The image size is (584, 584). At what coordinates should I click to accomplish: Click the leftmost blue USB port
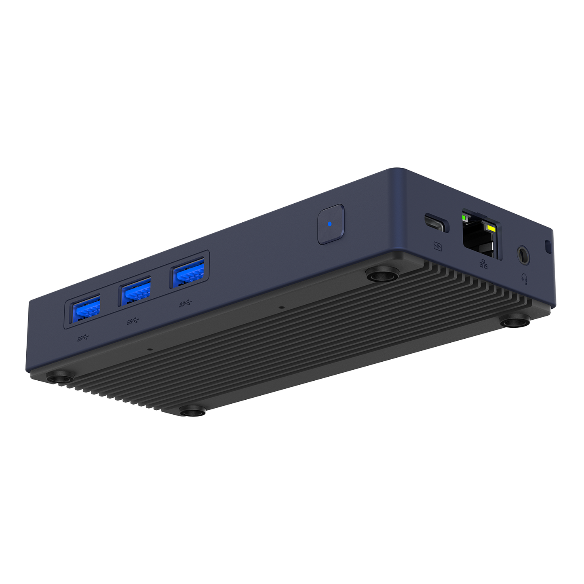coord(86,308)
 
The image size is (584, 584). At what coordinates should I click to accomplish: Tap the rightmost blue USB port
coord(188,273)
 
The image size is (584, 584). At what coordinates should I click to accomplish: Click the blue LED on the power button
coord(330,223)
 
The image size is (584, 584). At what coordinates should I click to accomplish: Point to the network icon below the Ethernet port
coord(483,264)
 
